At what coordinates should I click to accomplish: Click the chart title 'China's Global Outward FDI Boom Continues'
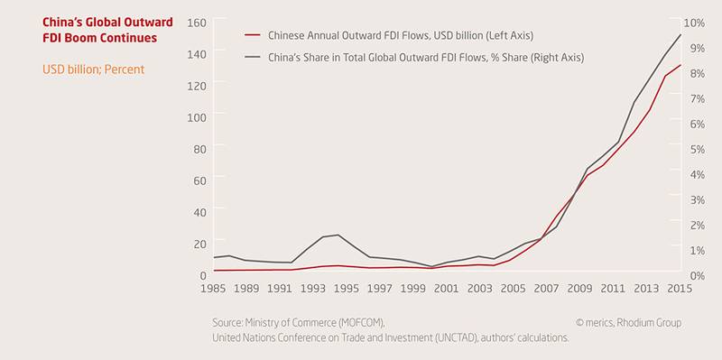point(107,30)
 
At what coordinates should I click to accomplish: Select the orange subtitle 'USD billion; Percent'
point(94,69)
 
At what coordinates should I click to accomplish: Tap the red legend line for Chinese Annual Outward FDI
point(253,35)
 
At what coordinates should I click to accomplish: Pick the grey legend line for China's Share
point(253,58)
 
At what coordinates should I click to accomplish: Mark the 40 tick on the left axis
point(199,212)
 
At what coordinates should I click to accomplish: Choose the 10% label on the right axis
point(694,23)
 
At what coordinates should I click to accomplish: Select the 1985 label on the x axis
point(213,289)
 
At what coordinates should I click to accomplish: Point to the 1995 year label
point(347,289)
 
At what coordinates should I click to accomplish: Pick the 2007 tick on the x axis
point(546,289)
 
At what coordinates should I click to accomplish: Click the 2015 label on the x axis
point(680,289)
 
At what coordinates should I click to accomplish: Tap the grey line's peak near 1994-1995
point(338,235)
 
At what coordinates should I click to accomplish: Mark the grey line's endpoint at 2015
point(680,34)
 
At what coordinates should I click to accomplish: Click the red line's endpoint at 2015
point(680,65)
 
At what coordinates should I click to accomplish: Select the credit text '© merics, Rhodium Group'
point(628,323)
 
